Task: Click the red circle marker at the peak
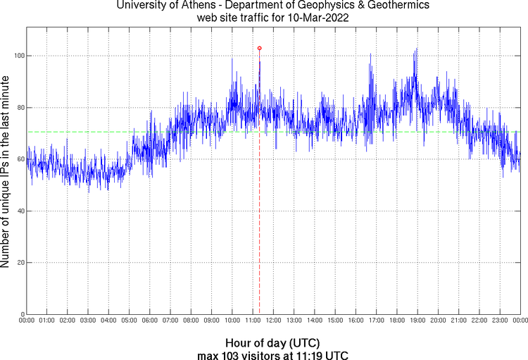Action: (260, 48)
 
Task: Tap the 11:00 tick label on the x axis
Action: (253, 321)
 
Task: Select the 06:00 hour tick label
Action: (150, 321)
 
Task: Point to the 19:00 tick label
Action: (417, 321)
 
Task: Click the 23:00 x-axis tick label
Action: (500, 321)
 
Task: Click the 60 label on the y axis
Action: (19, 159)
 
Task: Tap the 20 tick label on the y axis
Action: (19, 263)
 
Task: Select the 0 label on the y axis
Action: (21, 314)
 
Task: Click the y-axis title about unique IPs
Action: (6, 172)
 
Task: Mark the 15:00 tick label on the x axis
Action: (335, 321)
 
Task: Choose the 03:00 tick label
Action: (88, 321)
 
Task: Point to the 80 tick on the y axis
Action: (19, 108)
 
